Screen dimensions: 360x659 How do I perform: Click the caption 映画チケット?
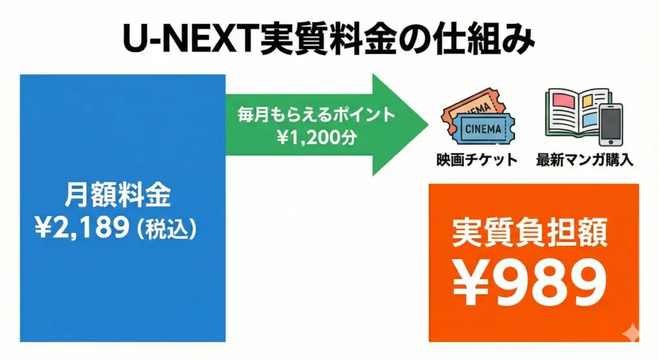(476, 160)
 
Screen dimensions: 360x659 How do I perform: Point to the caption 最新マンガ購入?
(584, 160)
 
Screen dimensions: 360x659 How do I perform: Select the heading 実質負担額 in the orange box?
(529, 234)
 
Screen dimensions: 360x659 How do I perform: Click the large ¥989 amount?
(529, 283)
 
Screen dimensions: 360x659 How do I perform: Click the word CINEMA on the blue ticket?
(482, 129)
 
